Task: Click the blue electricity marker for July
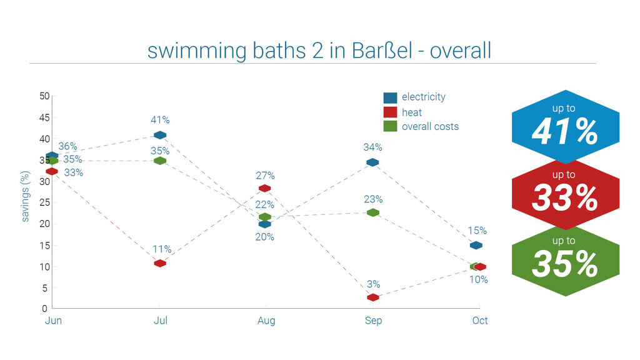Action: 160,135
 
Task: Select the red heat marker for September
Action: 373,297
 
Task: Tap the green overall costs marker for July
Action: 160,161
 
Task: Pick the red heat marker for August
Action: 265,188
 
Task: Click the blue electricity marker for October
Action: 476,245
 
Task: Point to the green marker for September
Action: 373,212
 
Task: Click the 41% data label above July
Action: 160,120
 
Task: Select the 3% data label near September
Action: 373,284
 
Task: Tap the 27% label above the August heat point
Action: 265,176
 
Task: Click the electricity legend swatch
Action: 390,97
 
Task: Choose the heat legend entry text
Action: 412,112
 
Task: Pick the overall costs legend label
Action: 430,126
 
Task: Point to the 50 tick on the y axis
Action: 44,96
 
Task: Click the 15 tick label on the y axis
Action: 44,246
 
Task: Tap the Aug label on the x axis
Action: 266,321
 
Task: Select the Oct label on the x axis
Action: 479,321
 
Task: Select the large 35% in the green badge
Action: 565,264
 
